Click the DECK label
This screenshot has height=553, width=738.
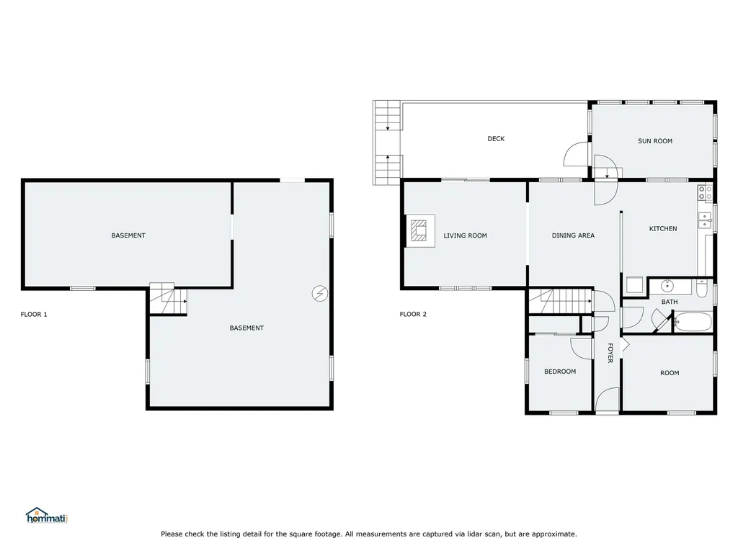(496, 139)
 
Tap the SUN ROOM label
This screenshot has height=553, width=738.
(654, 141)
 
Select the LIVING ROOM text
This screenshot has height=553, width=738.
(465, 235)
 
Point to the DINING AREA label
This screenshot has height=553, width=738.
(573, 235)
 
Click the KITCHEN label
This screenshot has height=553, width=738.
(663, 229)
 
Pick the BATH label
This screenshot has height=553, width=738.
(670, 302)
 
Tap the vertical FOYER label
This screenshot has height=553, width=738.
(610, 352)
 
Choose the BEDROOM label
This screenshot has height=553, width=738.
(560, 372)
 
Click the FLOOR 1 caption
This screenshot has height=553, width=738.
(34, 314)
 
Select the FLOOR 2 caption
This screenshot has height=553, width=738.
(413, 314)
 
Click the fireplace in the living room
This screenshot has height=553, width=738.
(420, 232)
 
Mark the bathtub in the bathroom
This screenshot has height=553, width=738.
(693, 322)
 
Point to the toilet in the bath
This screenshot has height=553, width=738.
(703, 289)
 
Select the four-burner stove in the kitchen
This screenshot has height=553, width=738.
(705, 192)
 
